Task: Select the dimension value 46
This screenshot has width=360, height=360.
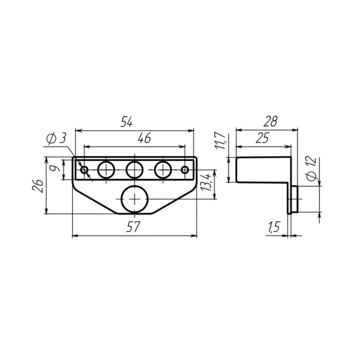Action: [143, 139]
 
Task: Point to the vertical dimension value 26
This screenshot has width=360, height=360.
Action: [38, 185]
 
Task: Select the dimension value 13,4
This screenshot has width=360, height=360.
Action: [207, 184]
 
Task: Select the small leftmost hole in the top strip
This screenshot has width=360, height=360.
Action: [84, 170]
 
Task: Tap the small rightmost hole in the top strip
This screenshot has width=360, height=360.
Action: [185, 170]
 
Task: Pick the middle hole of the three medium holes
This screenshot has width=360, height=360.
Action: [135, 170]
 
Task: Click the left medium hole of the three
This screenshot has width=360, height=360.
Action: [107, 170]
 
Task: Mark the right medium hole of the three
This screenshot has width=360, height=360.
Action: [163, 170]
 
